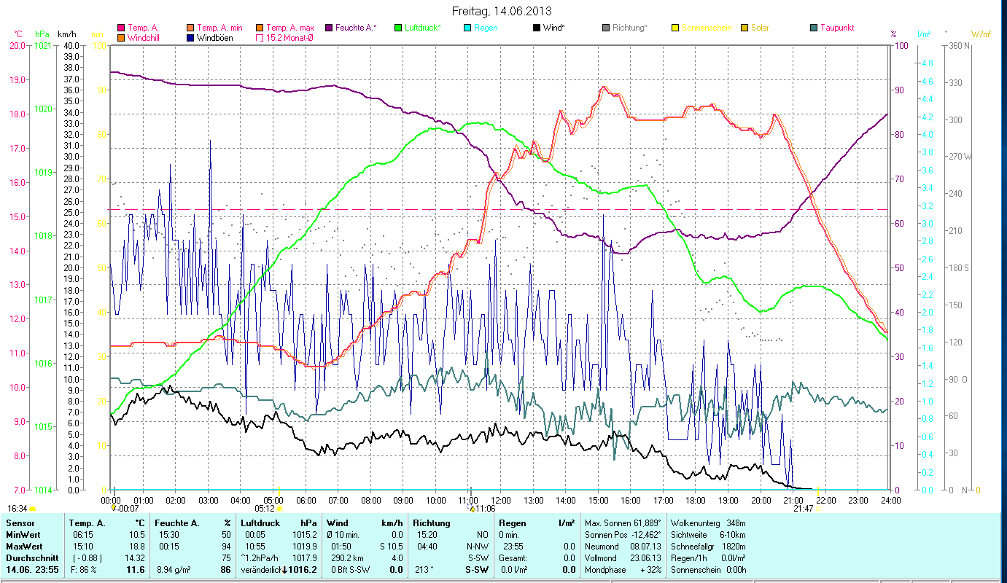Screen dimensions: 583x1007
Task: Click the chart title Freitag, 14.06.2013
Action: coord(502,11)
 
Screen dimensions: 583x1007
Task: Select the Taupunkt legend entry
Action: coord(836,28)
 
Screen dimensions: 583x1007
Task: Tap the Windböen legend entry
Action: coord(214,37)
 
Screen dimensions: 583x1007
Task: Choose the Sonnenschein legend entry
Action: coord(707,28)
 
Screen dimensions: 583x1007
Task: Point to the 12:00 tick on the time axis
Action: coord(501,501)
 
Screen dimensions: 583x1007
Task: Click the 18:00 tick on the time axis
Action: coord(696,501)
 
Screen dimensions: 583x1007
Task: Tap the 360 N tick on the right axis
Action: coord(958,45)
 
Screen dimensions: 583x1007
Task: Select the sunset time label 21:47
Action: coord(803,509)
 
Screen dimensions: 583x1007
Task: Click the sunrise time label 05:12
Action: coord(264,509)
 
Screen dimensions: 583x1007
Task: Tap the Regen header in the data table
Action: coord(512,523)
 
